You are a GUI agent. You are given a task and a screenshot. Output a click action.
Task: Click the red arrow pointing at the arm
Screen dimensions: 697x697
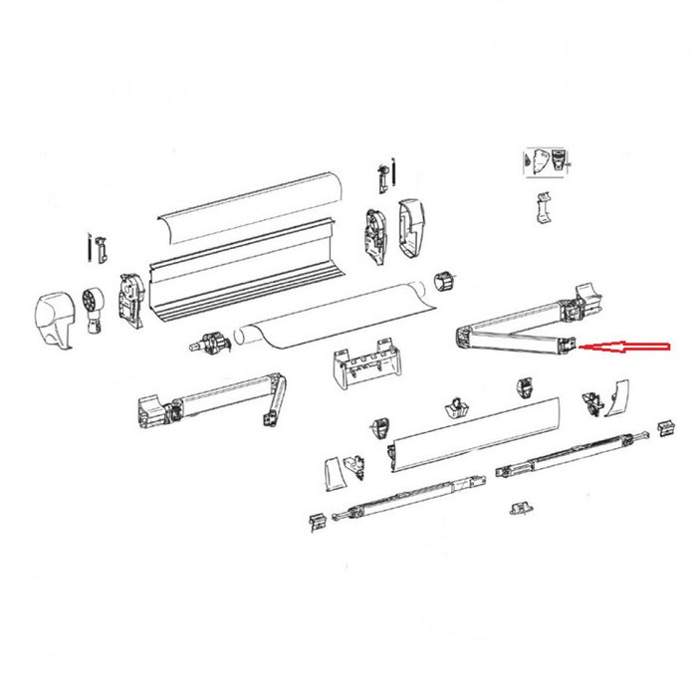coord(627,348)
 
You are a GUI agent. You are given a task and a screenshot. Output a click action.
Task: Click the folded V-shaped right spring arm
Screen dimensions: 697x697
coord(518,325)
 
